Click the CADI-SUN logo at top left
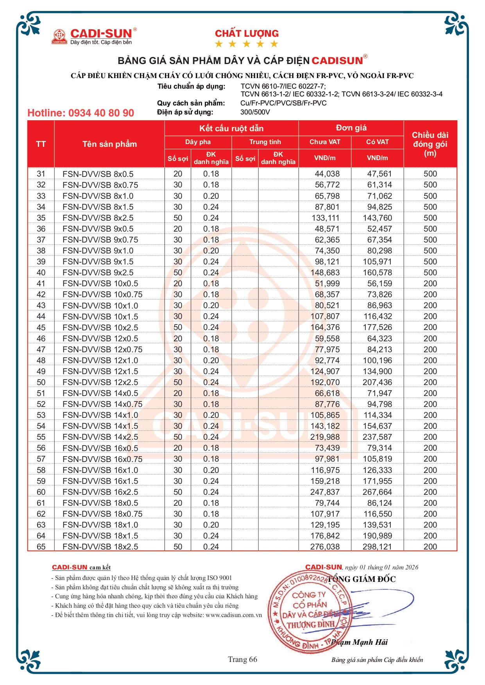tap(94, 36)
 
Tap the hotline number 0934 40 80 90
tap(81, 113)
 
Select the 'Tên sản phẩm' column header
tap(109, 144)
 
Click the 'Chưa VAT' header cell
tap(325, 142)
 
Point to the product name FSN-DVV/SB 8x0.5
tap(98, 174)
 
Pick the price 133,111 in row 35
tap(325, 218)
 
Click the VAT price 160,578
tap(377, 273)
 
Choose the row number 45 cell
tap(41, 327)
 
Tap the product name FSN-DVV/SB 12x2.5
tap(100, 382)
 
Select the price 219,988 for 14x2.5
tap(325, 437)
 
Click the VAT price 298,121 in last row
tap(377, 547)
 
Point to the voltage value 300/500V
tap(255, 112)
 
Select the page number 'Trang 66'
tap(243, 659)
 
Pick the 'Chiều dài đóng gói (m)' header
tap(430, 144)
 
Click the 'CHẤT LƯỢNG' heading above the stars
tap(247, 34)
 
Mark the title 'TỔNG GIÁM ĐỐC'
tap(362, 579)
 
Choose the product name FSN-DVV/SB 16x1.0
tap(100, 470)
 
